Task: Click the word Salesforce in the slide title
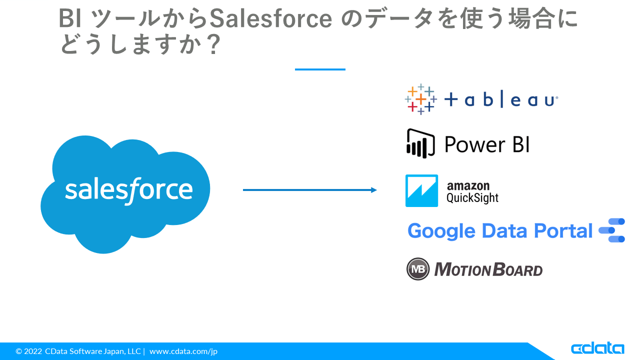pyautogui.click(x=270, y=18)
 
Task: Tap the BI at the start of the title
pyautogui.click(x=70, y=18)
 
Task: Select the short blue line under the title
pyautogui.click(x=320, y=69)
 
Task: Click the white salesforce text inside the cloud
pyautogui.click(x=129, y=190)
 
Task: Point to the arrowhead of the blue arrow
pyautogui.click(x=374, y=190)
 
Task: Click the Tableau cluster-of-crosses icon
pyautogui.click(x=421, y=99)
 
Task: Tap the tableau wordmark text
pyautogui.click(x=501, y=99)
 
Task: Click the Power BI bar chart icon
pyautogui.click(x=420, y=143)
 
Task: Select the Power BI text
pyautogui.click(x=487, y=144)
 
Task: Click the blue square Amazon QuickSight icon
pyautogui.click(x=421, y=190)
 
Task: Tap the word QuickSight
pyautogui.click(x=472, y=197)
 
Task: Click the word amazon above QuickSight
pyautogui.click(x=468, y=186)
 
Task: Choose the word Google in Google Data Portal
pyautogui.click(x=441, y=231)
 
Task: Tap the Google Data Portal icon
pyautogui.click(x=612, y=230)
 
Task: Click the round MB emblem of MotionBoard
pyautogui.click(x=418, y=269)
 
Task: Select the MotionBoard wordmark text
pyautogui.click(x=488, y=269)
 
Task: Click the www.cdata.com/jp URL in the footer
pyautogui.click(x=183, y=351)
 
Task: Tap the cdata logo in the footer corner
pyautogui.click(x=597, y=348)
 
